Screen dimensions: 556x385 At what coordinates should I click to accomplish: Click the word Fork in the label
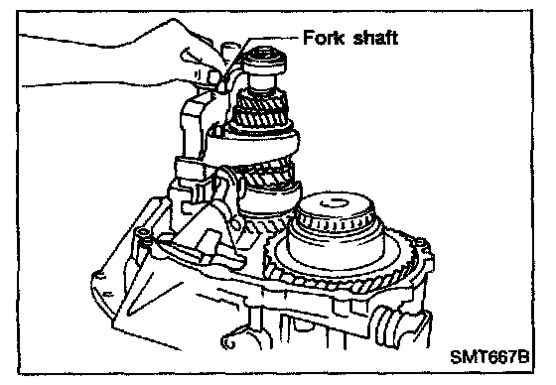[324, 38]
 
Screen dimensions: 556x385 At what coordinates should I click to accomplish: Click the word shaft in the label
[375, 38]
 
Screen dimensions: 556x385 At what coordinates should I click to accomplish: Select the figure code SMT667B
[489, 357]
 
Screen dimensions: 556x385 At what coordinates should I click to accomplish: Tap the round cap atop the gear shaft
[266, 62]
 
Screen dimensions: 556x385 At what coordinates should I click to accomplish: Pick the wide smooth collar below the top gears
[253, 145]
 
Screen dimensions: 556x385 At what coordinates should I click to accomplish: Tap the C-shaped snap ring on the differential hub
[335, 203]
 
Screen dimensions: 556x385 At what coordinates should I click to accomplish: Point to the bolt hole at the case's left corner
[144, 232]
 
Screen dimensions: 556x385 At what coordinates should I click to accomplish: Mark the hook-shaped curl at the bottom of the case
[229, 341]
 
